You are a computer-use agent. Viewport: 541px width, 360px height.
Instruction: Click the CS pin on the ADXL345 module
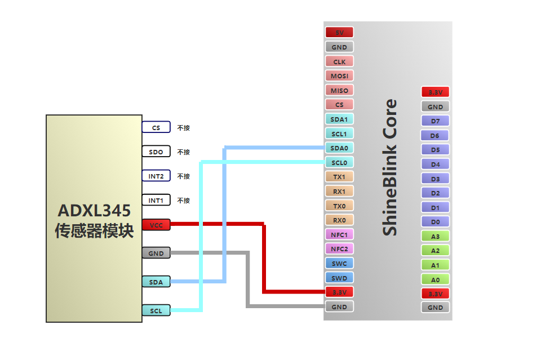pos(156,127)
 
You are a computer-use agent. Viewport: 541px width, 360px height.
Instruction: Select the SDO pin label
pos(156,152)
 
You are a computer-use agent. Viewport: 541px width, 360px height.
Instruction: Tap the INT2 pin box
pos(156,176)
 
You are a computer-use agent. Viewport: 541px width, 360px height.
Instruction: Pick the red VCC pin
pos(156,225)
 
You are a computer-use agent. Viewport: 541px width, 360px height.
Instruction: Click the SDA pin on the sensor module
pos(156,282)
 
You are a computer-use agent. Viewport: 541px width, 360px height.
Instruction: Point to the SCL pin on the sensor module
pos(156,310)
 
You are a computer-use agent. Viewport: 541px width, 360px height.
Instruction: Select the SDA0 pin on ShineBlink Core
pos(339,148)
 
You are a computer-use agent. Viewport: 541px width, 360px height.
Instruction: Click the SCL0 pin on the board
pos(339,163)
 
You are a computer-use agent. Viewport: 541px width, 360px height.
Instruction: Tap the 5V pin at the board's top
pos(339,33)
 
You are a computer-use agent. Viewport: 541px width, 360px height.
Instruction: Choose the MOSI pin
pos(339,75)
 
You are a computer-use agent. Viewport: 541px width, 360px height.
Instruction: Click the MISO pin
pos(339,90)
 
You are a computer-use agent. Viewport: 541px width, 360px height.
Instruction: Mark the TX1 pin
pos(339,177)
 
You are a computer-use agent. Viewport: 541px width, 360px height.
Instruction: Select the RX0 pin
pos(339,220)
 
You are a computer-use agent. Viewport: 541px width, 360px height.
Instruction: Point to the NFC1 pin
pos(339,234)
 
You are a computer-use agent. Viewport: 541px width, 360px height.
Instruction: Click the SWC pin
pos(339,263)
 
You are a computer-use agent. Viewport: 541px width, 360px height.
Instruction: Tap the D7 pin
pos(435,121)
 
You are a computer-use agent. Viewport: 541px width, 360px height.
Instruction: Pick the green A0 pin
pos(435,279)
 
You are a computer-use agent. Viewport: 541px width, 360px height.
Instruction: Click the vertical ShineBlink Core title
pos(390,167)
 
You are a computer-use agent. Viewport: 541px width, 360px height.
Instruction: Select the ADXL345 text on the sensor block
pos(94,211)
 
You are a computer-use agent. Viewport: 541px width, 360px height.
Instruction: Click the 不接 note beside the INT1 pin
pos(184,201)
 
